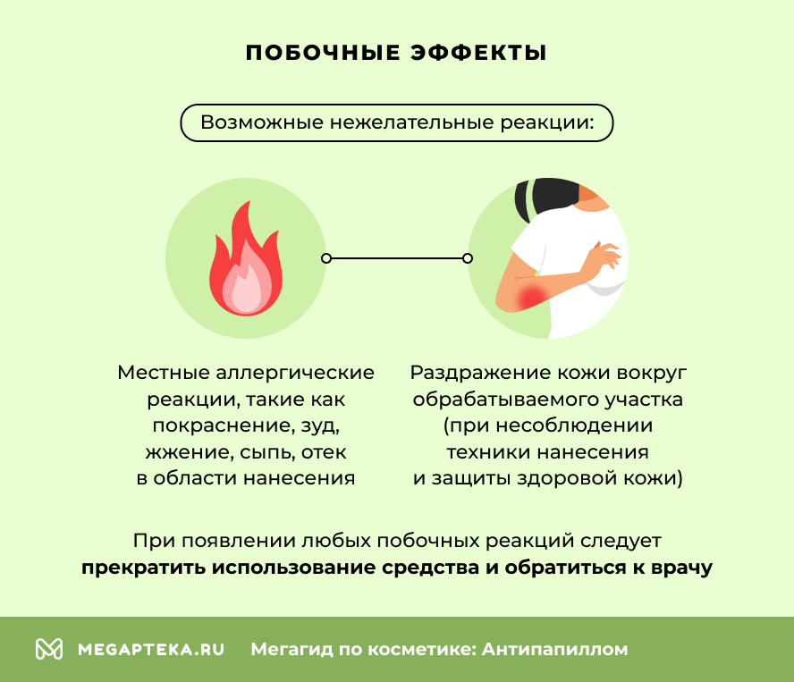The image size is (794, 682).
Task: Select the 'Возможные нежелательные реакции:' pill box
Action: (397, 122)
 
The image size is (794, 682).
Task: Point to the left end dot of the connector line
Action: (326, 258)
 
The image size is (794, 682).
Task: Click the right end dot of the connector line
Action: (467, 258)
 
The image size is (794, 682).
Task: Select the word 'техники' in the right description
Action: (484, 451)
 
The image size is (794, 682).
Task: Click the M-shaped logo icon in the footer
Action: (49, 649)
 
